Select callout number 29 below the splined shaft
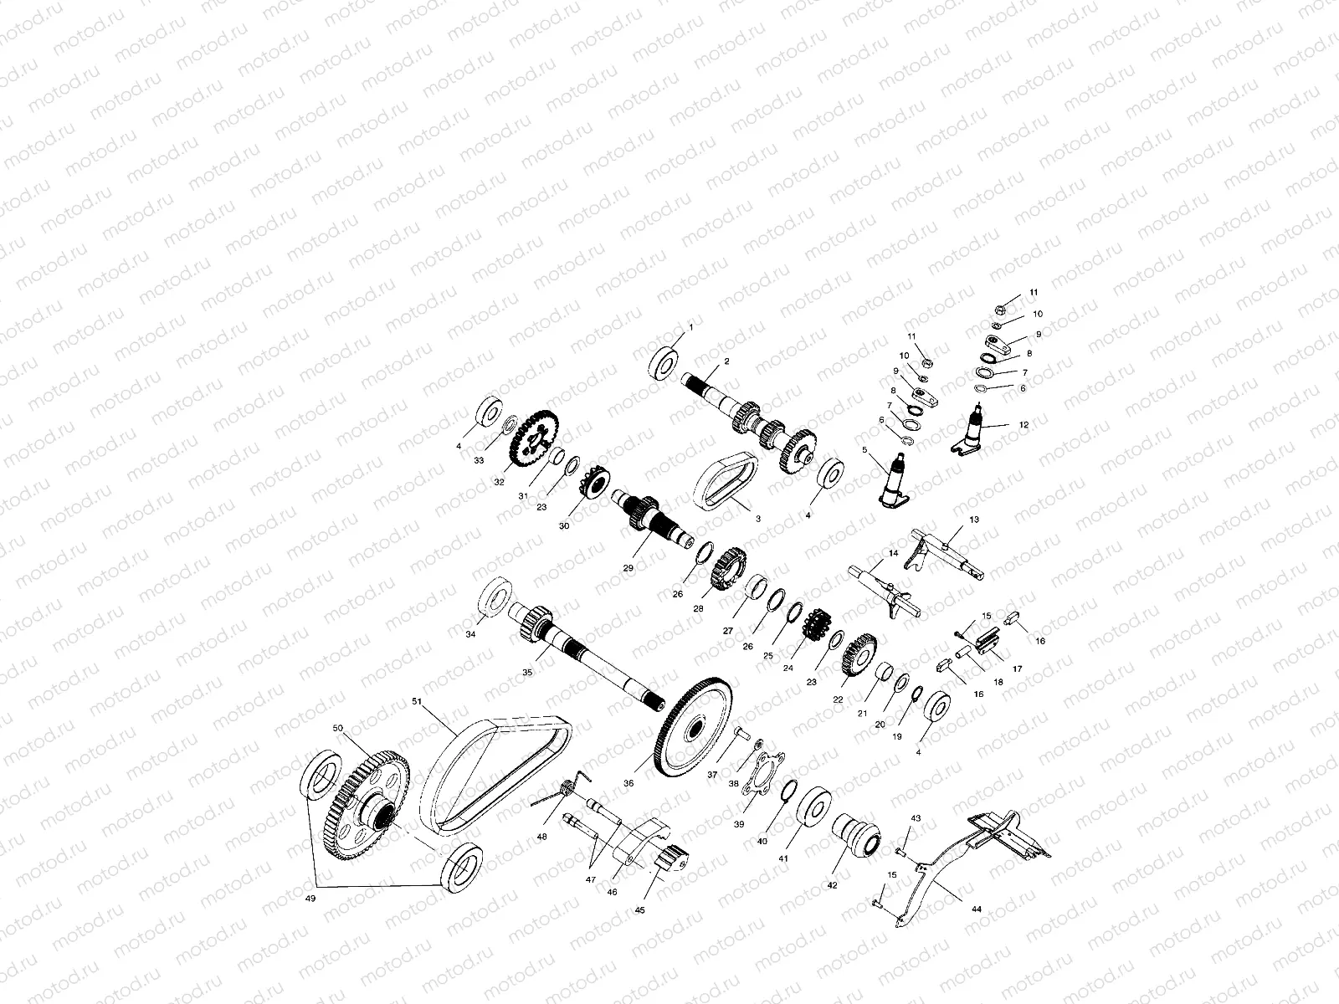(628, 567)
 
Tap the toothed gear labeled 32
(532, 438)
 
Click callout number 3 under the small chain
(758, 519)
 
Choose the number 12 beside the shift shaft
(1023, 425)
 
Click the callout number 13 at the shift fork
(973, 520)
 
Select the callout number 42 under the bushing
(832, 885)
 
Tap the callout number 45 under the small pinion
(640, 909)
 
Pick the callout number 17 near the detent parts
(1018, 668)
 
